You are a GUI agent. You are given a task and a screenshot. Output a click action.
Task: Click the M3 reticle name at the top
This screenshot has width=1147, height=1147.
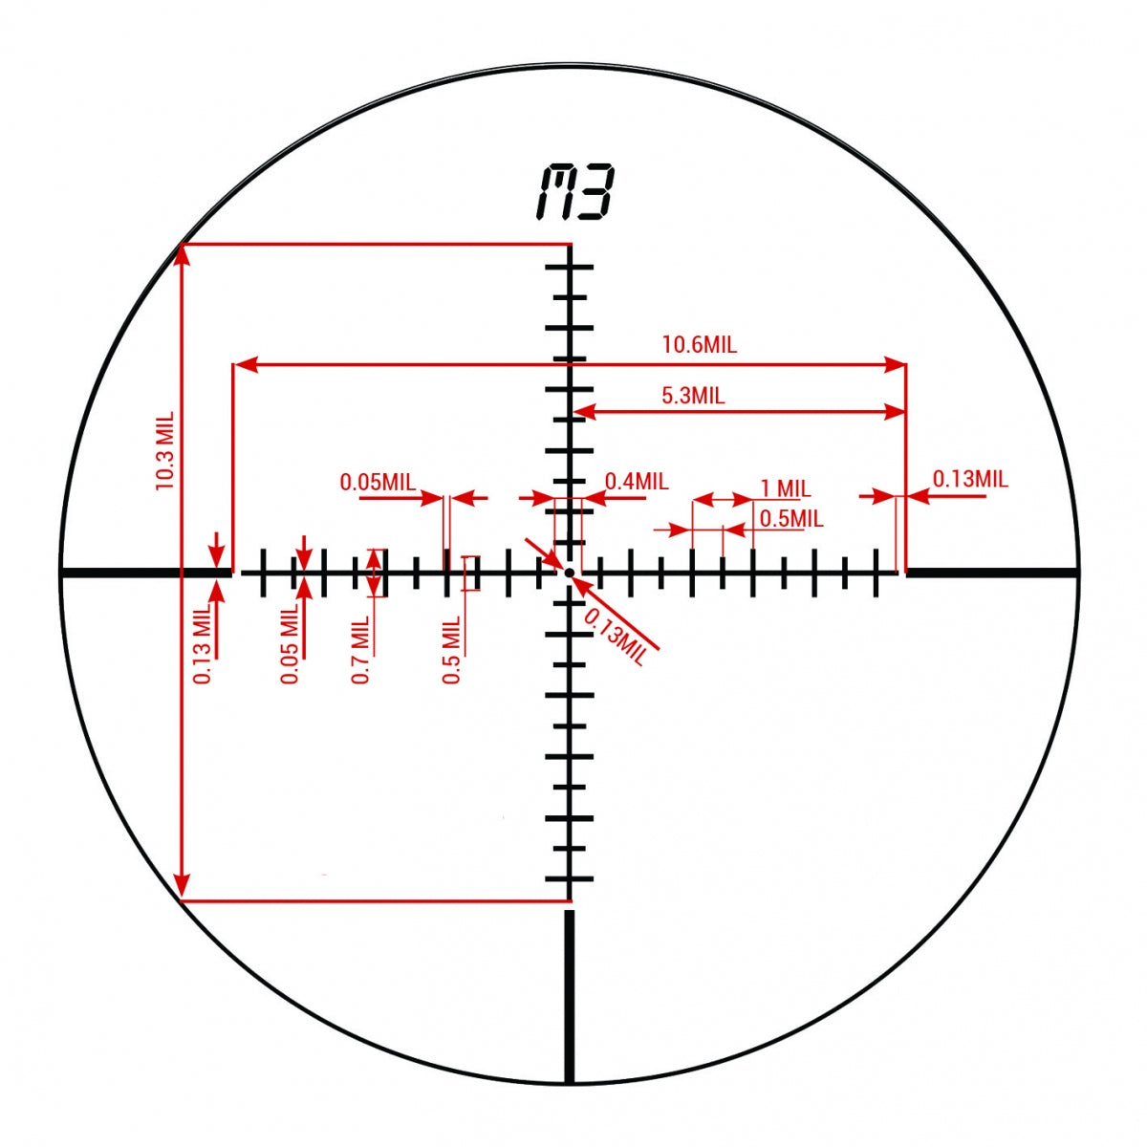click(574, 192)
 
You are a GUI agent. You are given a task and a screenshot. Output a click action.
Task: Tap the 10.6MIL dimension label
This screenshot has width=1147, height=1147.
click(700, 345)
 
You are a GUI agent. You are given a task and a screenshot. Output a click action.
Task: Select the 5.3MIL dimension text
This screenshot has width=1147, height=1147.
click(693, 395)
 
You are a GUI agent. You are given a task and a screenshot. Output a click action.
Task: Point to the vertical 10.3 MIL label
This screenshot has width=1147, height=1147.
click(164, 450)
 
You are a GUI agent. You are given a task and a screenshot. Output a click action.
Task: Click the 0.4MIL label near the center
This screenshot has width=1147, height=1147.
click(637, 481)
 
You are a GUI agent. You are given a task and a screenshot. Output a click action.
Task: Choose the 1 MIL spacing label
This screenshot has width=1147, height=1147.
click(786, 488)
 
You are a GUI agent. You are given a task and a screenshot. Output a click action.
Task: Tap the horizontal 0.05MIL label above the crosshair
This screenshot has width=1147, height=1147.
click(378, 482)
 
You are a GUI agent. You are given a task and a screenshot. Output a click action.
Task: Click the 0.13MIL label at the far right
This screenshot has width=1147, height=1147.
click(970, 479)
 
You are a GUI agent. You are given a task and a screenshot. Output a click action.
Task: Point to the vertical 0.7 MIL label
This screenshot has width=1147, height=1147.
click(360, 650)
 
